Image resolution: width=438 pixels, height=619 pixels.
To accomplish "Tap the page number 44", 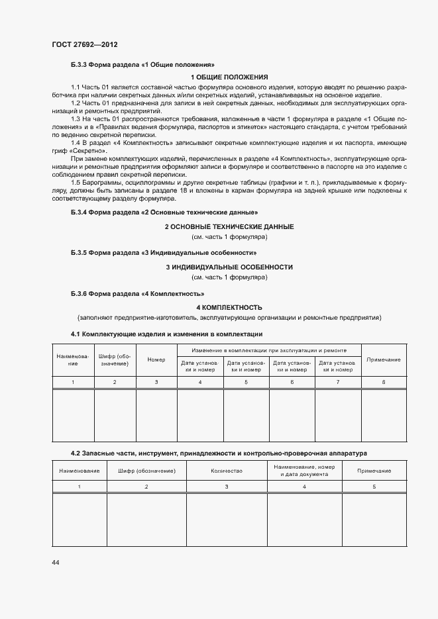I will click(56, 562).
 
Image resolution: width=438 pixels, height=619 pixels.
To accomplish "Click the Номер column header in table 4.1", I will click(156, 359).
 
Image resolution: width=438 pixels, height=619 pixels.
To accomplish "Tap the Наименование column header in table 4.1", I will click(73, 359).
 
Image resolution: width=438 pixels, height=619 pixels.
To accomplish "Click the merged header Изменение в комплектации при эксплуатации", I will click(268, 350).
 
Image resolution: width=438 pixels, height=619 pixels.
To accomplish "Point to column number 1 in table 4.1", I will click(73, 383).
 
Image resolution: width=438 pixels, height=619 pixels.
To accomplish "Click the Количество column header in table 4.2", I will click(227, 471).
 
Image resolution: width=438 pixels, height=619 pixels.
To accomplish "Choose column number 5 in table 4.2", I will click(374, 487).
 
